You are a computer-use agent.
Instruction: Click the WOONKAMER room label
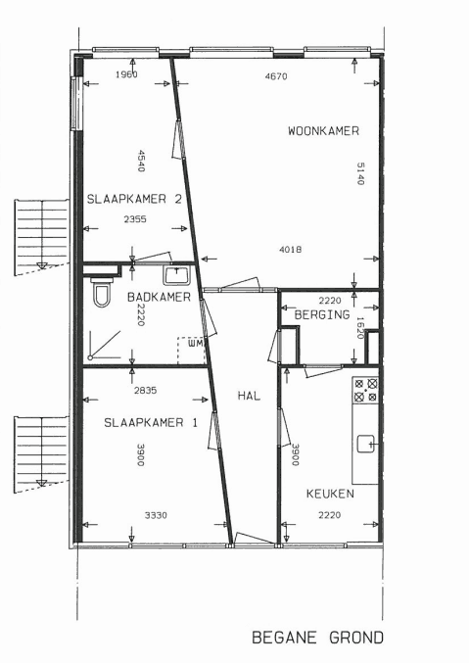click(x=323, y=131)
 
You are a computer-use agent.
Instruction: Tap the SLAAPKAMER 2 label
click(x=134, y=199)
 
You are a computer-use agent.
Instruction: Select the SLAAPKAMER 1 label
click(x=151, y=422)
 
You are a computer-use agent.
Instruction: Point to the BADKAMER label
click(x=159, y=297)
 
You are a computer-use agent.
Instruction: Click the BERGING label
click(x=322, y=314)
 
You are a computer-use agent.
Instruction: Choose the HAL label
click(x=249, y=396)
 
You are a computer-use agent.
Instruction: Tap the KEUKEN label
click(x=330, y=494)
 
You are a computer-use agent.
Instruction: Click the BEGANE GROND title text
click(x=317, y=638)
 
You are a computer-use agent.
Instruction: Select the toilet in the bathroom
click(x=102, y=291)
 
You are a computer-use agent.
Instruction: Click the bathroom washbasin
click(x=177, y=274)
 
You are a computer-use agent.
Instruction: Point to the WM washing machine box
click(x=192, y=350)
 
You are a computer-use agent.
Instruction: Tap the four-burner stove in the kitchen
click(x=365, y=391)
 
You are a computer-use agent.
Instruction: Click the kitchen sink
click(x=366, y=444)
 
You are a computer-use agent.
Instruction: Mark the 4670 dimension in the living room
click(x=276, y=76)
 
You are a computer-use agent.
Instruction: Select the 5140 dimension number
click(x=360, y=173)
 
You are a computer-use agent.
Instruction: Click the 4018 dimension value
click(x=291, y=250)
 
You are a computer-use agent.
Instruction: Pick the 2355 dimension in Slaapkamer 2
click(x=135, y=219)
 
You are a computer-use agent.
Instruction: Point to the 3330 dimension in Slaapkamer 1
click(x=156, y=515)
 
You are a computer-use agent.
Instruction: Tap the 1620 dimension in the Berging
click(x=360, y=328)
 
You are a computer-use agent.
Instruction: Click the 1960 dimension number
click(x=126, y=74)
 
